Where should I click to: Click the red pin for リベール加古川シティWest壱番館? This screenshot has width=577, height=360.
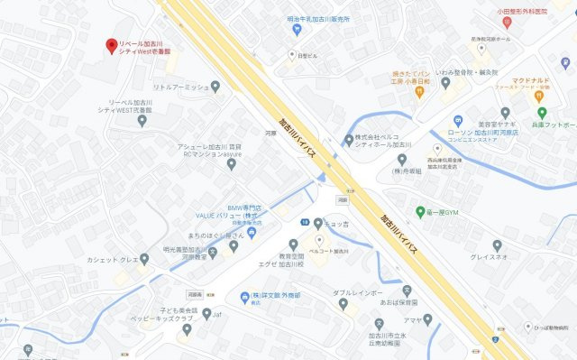pos(112,45)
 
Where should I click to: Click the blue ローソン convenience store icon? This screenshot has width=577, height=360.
pos(459,121)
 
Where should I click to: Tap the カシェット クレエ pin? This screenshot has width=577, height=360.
pos(144,260)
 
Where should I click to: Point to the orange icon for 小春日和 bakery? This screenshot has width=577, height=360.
pos(420,92)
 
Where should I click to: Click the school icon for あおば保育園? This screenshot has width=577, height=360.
pos(406,291)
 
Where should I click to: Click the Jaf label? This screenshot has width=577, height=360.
pos(217,314)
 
